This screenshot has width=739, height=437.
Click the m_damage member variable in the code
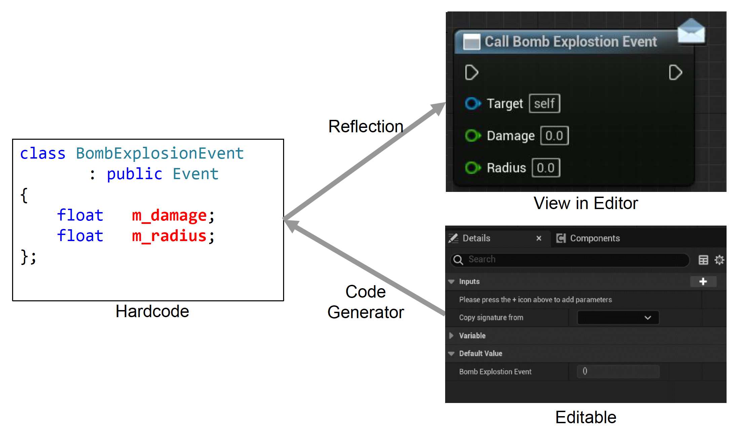point(169,215)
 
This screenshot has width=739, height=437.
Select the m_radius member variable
point(169,236)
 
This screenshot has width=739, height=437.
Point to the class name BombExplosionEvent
point(160,154)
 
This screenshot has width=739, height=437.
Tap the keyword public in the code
point(134,174)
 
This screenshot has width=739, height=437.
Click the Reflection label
point(366,127)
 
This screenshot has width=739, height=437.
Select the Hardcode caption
point(152,311)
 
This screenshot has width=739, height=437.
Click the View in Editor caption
point(586,203)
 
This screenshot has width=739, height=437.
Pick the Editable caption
point(586,417)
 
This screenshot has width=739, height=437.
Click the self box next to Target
point(544,103)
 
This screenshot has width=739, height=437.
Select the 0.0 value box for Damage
point(554,136)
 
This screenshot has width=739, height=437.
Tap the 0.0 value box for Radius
point(546,168)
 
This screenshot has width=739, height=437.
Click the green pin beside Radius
point(472,168)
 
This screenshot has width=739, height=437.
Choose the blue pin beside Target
point(472,103)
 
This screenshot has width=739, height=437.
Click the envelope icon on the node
point(691,31)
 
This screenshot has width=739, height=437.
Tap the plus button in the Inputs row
point(703,281)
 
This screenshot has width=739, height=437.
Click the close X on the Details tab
point(539,238)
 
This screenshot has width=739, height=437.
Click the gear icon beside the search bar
point(719,260)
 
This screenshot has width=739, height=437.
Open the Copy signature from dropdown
point(618,318)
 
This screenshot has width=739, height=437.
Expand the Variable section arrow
point(452,336)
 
